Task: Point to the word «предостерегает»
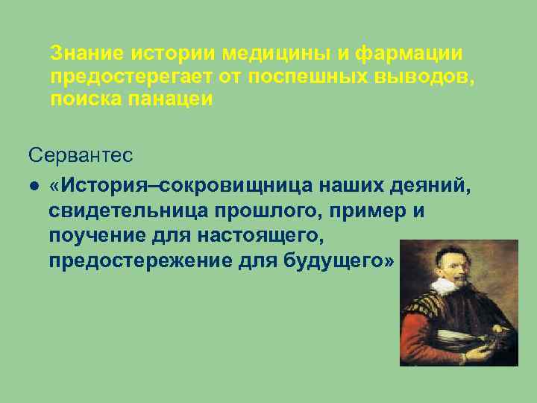[132, 77]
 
